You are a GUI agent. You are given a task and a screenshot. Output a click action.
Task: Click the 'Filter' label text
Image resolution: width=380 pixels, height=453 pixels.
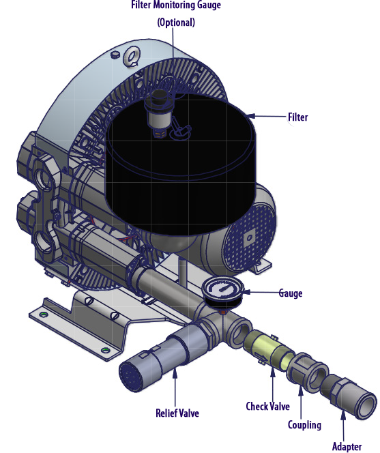298,117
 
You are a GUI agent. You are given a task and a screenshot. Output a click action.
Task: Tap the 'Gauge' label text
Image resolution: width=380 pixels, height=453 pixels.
291,293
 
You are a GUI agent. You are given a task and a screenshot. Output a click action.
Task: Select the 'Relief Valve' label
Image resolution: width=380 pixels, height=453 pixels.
177,413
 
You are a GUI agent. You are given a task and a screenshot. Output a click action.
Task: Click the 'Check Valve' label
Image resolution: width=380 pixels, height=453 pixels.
267,406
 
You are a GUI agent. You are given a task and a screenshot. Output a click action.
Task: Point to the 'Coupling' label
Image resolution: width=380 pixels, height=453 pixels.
304,425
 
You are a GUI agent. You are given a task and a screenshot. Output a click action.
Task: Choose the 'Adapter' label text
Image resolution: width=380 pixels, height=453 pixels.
347,446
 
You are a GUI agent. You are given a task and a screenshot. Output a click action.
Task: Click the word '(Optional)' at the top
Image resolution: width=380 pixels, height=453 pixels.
176,23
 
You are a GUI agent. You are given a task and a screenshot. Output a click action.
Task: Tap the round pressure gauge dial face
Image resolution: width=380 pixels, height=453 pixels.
222,289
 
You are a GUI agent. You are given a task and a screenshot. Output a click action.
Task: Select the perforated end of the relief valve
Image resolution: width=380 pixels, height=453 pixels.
130,376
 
